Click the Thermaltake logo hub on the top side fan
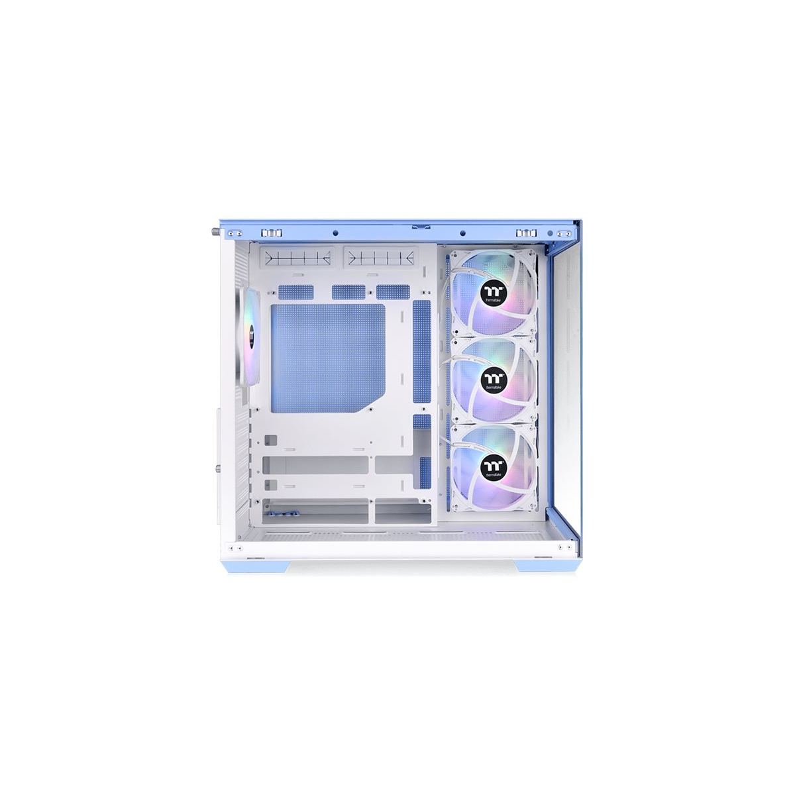pyautogui.click(x=492, y=293)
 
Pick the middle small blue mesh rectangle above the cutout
pyautogui.click(x=348, y=291)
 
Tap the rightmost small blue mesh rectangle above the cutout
pyautogui.click(x=393, y=291)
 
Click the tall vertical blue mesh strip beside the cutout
pyautogui.click(x=421, y=350)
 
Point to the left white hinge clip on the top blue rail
pyautogui.click(x=270, y=233)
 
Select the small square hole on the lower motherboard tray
pyautogui.click(x=270, y=440)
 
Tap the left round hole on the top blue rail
pyautogui.click(x=335, y=233)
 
